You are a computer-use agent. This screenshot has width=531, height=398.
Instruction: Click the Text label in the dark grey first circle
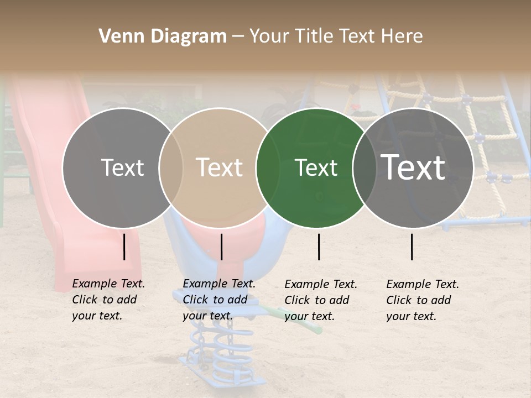coord(122,167)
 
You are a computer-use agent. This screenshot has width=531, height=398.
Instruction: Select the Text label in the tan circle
coord(219,167)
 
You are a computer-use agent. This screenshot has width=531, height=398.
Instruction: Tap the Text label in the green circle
coord(316,167)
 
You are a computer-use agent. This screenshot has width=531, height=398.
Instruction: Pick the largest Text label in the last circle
coord(413,167)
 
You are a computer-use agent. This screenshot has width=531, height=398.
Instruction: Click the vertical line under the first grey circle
coord(124,247)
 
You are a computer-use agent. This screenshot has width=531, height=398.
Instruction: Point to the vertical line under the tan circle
coord(221,247)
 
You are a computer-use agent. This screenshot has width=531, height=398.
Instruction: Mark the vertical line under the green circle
coord(319,247)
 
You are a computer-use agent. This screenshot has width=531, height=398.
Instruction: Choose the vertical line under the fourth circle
coord(412,247)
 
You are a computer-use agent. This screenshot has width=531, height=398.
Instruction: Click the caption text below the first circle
coord(108,300)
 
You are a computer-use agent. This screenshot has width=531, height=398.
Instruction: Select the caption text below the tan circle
coord(218,300)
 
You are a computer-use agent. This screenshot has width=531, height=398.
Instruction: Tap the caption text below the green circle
coord(320,300)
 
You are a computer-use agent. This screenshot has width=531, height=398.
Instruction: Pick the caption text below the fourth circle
coord(422,300)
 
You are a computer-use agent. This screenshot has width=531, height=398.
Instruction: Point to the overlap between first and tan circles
coord(171,167)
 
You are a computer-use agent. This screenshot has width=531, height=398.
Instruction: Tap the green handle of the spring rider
coord(309,326)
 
